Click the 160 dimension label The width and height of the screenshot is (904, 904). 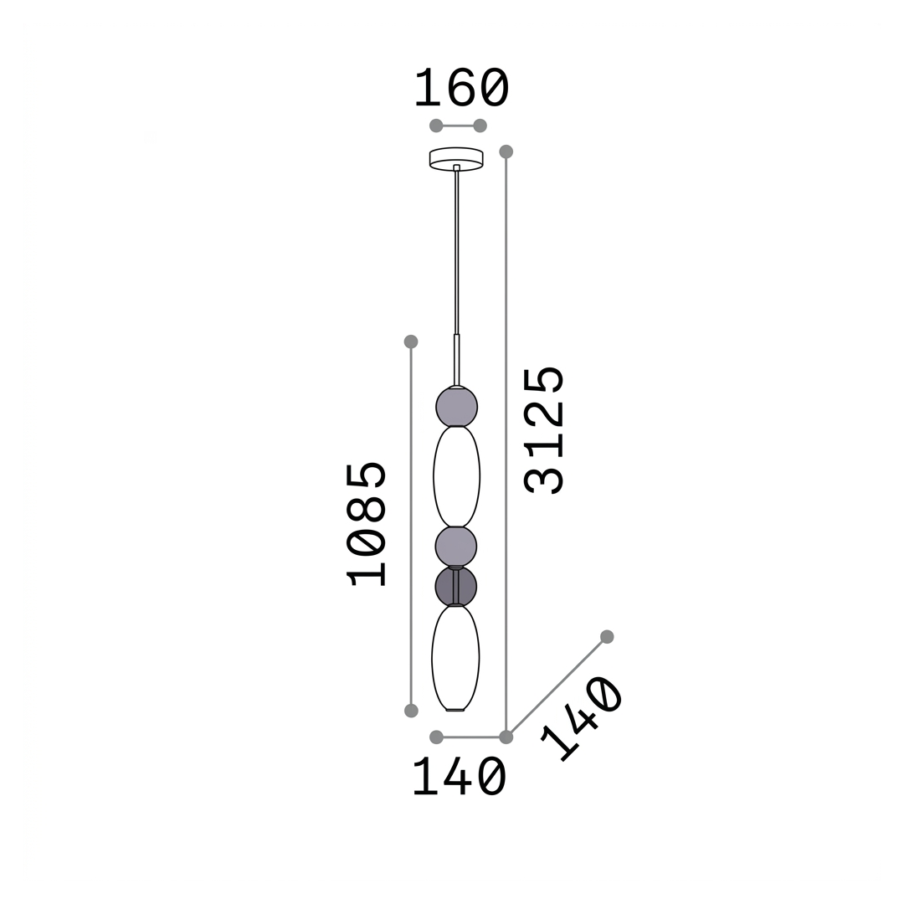[462, 88]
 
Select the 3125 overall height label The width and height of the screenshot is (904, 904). [543, 430]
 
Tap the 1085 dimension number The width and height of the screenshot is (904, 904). [366, 523]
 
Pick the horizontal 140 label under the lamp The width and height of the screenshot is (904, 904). [460, 778]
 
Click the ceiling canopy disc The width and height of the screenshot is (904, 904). [456, 159]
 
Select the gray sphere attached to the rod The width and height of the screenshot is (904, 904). [457, 407]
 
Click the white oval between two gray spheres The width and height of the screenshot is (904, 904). [457, 477]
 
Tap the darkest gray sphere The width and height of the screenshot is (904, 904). [456, 586]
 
